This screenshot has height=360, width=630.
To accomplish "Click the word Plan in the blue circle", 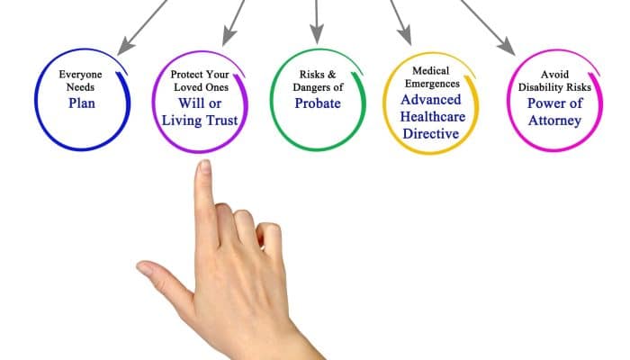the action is [82, 103].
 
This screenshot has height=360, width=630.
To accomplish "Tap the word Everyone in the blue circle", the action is [80, 75].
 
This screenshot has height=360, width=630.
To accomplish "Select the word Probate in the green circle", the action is [318, 103].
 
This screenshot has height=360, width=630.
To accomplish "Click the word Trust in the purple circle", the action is [222, 120].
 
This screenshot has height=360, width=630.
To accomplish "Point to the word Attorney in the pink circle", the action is [554, 121].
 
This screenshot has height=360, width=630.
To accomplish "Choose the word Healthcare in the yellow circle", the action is [433, 116].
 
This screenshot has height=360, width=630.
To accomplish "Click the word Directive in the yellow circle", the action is [431, 133].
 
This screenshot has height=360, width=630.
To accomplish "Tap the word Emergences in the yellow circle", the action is [432, 84].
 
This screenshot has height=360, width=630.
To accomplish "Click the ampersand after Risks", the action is [331, 75].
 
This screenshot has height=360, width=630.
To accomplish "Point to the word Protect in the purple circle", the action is [185, 75].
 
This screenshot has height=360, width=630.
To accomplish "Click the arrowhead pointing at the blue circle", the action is [124, 46].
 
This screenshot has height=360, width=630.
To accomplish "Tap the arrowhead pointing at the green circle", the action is [317, 33].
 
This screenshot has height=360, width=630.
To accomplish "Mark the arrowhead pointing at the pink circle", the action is [507, 46].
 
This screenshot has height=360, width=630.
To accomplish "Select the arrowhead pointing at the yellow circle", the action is [404, 35].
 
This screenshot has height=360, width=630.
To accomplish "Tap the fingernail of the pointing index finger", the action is [205, 166].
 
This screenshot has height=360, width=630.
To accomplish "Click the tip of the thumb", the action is [139, 266].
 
